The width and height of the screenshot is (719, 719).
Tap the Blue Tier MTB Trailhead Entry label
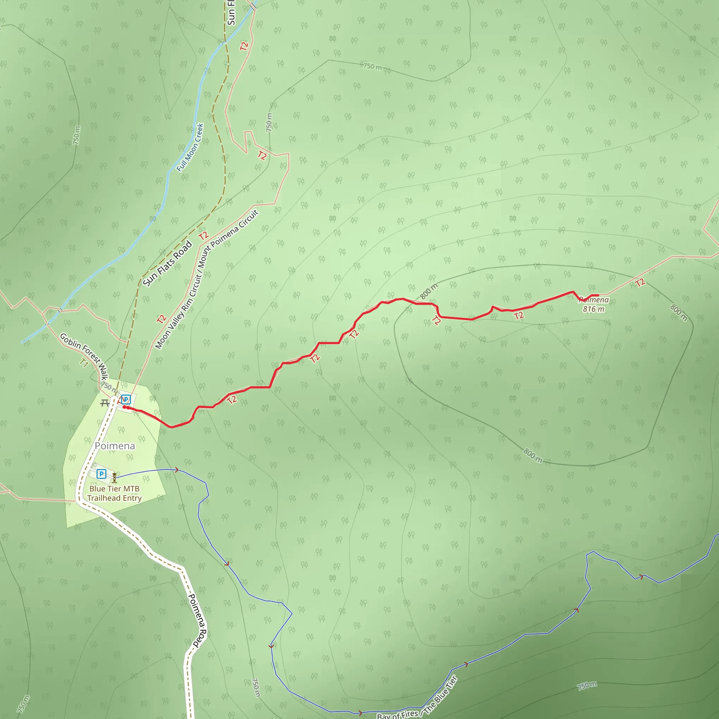point(114,494)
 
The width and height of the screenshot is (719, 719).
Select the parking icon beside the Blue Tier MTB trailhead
point(101,474)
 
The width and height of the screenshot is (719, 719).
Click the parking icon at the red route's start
point(126,399)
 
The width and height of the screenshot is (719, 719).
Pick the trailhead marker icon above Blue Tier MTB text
point(114,477)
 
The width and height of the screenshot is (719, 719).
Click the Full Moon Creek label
point(190,147)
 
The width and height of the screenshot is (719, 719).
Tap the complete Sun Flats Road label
point(167,264)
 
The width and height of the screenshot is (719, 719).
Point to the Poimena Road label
point(197,621)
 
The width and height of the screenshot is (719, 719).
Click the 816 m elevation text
point(594,309)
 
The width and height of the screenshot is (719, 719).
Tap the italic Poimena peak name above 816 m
point(594,300)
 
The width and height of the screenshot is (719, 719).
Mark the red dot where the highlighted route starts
point(125,407)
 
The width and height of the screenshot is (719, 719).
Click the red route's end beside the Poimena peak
point(598,296)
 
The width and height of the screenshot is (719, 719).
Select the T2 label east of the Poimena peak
point(640,283)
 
